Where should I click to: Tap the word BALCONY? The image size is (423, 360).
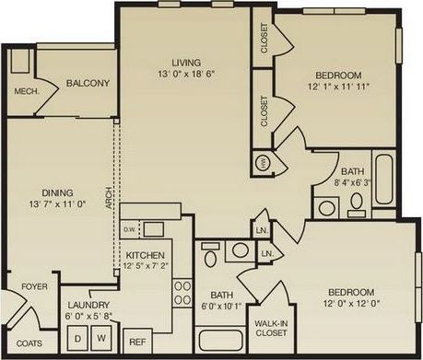88,84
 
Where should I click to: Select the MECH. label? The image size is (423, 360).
25,91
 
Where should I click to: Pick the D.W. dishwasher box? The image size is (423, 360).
129,228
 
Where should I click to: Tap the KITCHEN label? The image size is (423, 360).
145,254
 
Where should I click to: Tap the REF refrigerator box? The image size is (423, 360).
136,341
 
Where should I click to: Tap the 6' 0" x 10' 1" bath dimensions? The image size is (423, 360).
219,307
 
